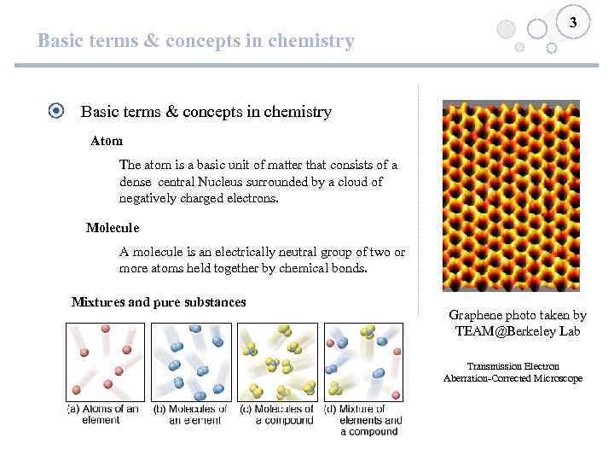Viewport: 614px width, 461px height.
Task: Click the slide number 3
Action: click(574, 23)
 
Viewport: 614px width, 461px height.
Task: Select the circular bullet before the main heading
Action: click(56, 111)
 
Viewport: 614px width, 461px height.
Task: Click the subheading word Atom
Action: click(107, 140)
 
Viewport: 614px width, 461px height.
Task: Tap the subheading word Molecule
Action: click(113, 228)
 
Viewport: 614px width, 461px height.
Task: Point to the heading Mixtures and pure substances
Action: click(159, 301)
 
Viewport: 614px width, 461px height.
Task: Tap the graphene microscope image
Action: click(511, 195)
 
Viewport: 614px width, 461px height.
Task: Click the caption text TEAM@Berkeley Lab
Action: click(518, 330)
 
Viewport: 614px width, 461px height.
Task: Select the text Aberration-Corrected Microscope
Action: click(513, 378)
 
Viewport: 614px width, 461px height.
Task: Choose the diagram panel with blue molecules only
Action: click(191, 361)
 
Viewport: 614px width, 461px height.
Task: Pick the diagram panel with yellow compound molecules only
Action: click(277, 361)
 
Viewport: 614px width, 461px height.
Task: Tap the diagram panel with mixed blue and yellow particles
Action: click(363, 361)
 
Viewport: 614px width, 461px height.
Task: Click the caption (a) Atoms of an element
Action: click(103, 414)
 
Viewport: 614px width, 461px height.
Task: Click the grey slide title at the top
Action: click(195, 40)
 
